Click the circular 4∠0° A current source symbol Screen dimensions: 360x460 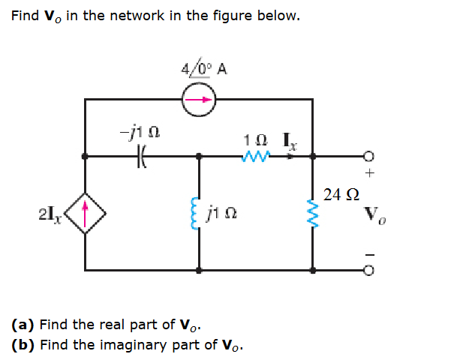click(x=199, y=99)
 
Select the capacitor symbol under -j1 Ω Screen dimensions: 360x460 click(x=141, y=157)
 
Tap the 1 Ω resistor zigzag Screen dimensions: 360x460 click(x=255, y=157)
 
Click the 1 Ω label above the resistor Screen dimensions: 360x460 click(x=254, y=139)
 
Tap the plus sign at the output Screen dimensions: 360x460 click(x=369, y=172)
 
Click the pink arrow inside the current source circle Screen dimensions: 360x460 click(x=199, y=99)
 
